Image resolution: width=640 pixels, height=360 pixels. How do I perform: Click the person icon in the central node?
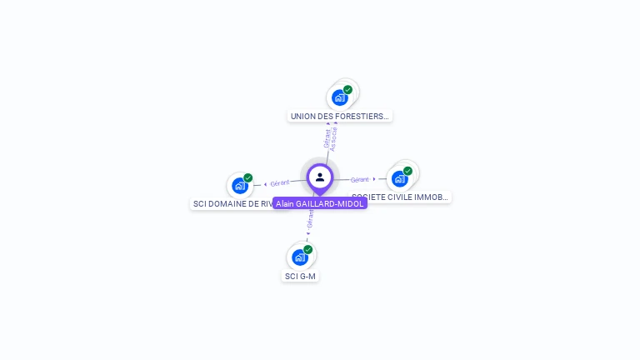[320, 177]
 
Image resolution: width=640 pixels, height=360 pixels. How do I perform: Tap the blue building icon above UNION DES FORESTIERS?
[339, 97]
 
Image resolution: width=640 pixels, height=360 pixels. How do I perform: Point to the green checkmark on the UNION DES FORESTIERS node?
[347, 90]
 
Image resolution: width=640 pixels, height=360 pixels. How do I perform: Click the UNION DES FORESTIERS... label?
[339, 116]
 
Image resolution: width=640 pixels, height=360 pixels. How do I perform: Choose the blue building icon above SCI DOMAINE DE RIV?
[240, 185]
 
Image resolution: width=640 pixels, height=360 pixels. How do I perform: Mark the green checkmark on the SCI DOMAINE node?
[247, 177]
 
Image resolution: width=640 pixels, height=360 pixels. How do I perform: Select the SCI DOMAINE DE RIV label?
[232, 203]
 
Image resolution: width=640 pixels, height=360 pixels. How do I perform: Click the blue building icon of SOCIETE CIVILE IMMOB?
[400, 178]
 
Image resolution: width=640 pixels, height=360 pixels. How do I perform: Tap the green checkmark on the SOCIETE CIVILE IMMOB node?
[407, 171]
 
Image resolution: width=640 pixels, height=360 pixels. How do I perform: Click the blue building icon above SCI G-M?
[300, 257]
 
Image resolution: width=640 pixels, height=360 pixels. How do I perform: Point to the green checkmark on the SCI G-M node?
[307, 250]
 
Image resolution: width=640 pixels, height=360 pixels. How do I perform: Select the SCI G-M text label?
[300, 276]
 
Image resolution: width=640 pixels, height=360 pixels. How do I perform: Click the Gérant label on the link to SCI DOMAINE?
[279, 183]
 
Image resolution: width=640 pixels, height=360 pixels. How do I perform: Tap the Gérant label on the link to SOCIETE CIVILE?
[360, 179]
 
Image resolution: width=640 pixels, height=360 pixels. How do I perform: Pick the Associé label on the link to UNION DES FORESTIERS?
[334, 137]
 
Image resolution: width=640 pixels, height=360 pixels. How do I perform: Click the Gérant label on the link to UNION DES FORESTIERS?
[327, 138]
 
